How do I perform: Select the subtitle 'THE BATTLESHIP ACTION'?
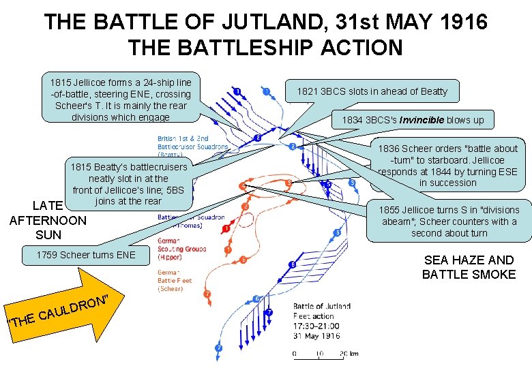[x=265, y=48]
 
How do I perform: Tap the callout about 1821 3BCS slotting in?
[x=372, y=91]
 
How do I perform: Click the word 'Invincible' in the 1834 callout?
[x=419, y=121]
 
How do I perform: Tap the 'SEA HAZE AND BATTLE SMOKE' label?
[x=469, y=267]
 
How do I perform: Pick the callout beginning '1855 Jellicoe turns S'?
[x=449, y=221]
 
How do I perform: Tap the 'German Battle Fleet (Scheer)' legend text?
[x=176, y=279]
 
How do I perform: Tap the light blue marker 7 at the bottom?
[x=219, y=348]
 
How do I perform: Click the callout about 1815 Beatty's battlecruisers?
[x=128, y=183]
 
